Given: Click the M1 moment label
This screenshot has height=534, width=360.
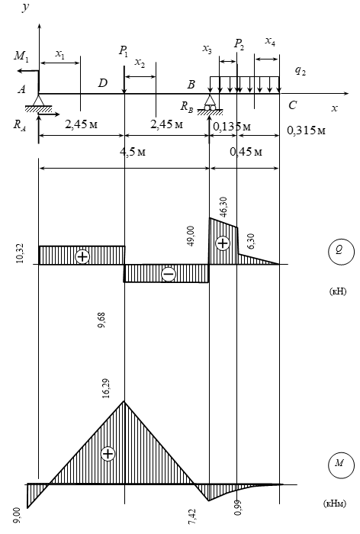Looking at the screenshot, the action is coord(21,56).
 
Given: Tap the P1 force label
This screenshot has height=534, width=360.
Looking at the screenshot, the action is coord(124,51).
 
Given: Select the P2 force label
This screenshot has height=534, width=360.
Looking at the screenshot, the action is coord(239,44).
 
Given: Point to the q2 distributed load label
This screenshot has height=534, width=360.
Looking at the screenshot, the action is coord(300,70).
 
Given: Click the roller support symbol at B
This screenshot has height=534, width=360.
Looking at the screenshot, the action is coord(211,103).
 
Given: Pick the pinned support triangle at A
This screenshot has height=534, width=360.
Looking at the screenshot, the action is coord(38,102).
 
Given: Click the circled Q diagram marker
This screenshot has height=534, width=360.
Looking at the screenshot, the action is coord(341,252).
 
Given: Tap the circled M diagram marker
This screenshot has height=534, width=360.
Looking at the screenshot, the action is coord(341,465).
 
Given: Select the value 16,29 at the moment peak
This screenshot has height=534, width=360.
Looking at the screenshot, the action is coord(106,388).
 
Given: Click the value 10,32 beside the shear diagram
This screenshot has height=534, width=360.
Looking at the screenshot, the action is coord(20,253).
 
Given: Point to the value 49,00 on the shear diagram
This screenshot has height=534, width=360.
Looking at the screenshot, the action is coord(191,236).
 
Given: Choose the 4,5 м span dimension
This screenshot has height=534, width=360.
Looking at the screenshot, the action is coord(133,151).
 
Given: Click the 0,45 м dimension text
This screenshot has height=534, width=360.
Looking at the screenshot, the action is coord(246,151).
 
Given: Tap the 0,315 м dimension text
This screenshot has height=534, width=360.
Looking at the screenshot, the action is coord(306,130).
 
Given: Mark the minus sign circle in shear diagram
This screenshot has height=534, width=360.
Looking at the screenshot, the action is coord(169,274).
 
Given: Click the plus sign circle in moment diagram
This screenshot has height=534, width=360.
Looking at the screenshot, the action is coord(108,454).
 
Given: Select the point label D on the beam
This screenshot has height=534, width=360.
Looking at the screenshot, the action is coord(102,83).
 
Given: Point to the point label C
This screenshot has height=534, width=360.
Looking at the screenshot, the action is coord(293,105).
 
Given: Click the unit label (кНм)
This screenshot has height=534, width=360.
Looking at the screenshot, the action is coord(335,503).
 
